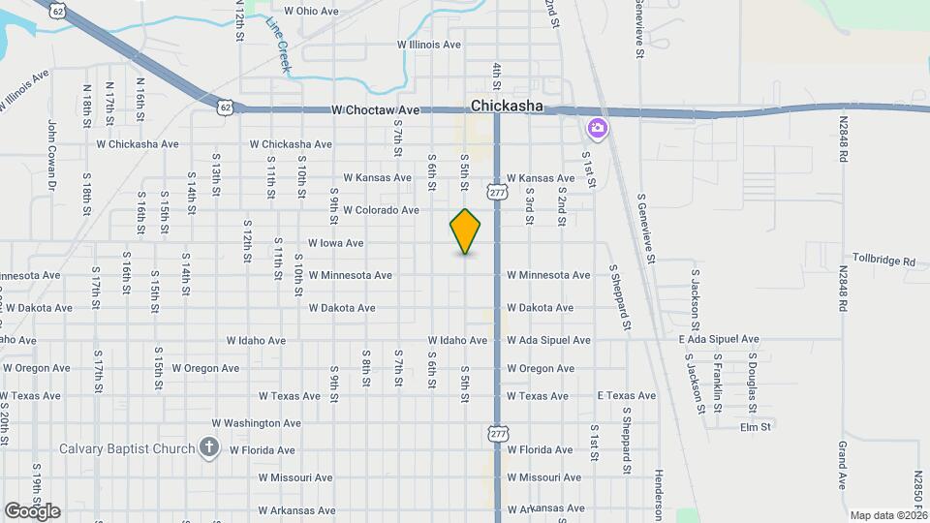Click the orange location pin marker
point(465,231)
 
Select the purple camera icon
point(597,128)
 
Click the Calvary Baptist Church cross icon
point(207,447)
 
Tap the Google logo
point(32,510)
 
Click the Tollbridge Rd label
point(883,261)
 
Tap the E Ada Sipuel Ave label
point(718,340)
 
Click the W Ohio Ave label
point(310,12)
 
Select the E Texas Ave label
point(627,396)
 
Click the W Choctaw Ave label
point(375,110)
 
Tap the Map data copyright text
point(887,515)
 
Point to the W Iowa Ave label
point(335,243)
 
